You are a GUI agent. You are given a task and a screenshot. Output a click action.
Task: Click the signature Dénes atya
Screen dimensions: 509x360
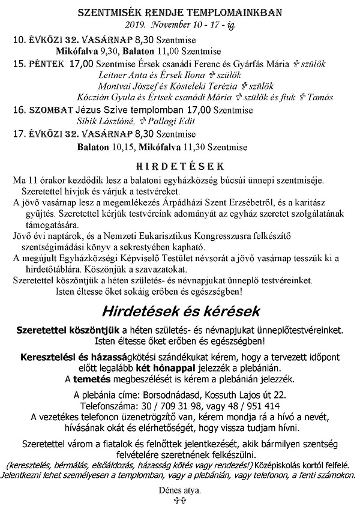click(x=180, y=490)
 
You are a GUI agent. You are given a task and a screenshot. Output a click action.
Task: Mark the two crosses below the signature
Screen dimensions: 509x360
click(x=180, y=500)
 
